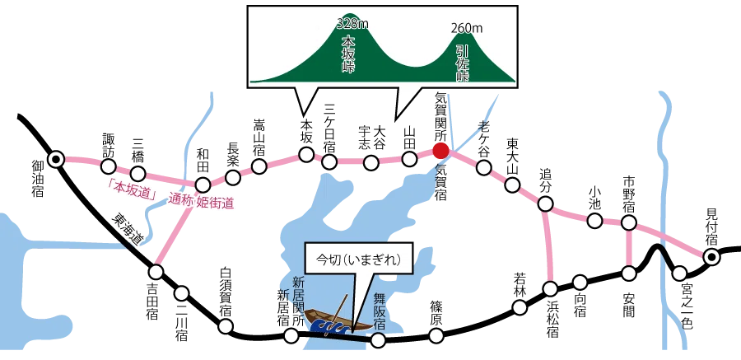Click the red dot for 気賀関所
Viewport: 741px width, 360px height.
tap(440, 151)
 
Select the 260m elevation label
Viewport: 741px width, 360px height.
tap(467, 28)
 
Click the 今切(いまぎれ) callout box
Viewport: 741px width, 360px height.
tap(358, 259)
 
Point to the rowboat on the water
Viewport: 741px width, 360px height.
tap(338, 321)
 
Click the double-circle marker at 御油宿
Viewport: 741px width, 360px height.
tap(56, 160)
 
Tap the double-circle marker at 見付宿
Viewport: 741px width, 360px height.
tap(711, 257)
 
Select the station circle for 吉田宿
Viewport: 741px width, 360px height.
tap(156, 272)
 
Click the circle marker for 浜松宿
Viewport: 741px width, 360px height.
tap(551, 288)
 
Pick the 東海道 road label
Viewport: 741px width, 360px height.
tap(127, 231)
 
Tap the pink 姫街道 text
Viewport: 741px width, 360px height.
tap(215, 202)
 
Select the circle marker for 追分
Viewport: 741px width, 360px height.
tap(545, 203)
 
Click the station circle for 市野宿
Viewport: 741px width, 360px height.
tap(628, 222)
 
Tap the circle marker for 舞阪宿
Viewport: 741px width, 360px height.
tap(378, 339)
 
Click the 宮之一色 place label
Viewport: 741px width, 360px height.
tap(687, 306)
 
